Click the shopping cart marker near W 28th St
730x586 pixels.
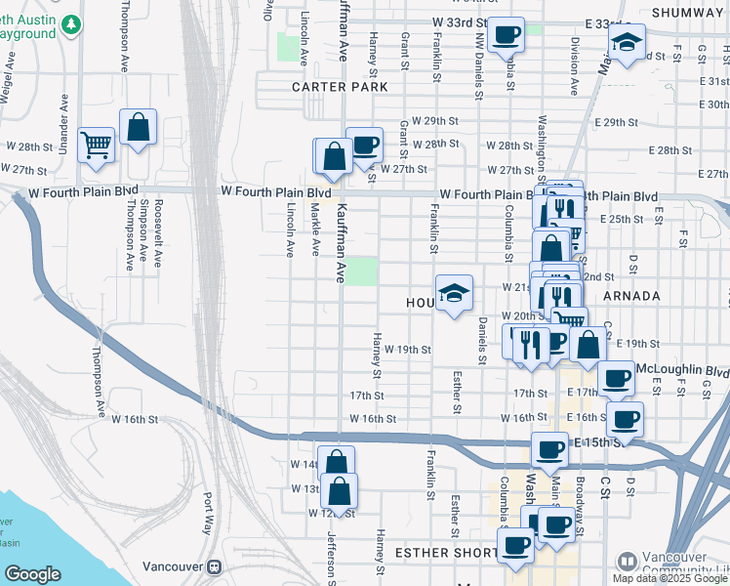97,146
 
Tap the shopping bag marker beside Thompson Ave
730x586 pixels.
138,126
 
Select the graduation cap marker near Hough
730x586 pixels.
453,292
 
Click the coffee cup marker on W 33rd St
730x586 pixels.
506,35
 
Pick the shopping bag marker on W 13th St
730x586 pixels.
339,489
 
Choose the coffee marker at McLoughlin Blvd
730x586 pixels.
615,378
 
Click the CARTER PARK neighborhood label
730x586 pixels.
333,87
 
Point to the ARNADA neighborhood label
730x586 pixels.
631,295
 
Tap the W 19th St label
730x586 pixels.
407,349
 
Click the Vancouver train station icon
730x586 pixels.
214,567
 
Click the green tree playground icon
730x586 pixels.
70,22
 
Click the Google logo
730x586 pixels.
32,574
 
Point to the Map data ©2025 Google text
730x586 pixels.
670,578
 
